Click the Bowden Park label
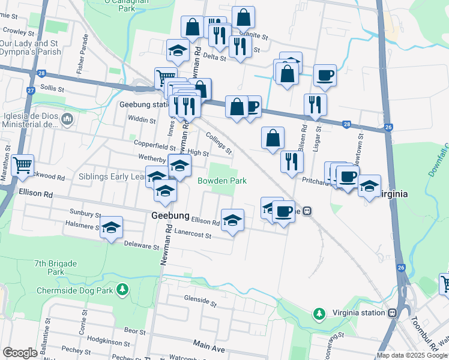(222, 181)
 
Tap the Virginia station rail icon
(392, 313)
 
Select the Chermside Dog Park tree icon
(122, 290)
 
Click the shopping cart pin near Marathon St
(22, 164)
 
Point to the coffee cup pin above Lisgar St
(325, 75)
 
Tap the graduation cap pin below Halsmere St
(111, 227)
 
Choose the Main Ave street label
(209, 346)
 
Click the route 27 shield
(30, 91)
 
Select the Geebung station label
(142, 104)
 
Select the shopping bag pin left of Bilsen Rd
(273, 137)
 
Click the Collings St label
(218, 142)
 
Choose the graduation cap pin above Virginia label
(369, 185)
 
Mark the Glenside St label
(200, 298)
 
